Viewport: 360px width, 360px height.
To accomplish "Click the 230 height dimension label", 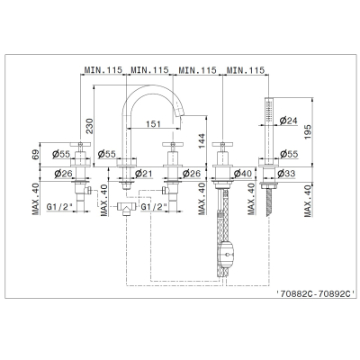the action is tap(90, 126).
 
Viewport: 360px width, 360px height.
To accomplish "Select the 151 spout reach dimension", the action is tap(153, 123).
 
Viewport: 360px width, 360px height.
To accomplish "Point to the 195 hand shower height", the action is tap(308, 131).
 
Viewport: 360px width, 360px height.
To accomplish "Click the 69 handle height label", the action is tap(36, 155).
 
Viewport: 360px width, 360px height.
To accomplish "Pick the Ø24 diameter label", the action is tap(288, 121).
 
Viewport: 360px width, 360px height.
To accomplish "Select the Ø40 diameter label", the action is tap(243, 173).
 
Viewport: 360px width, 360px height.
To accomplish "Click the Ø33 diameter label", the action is tap(286, 173).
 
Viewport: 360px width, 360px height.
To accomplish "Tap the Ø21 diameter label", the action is tap(143, 173).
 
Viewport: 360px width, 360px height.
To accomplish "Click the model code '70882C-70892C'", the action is tap(316, 293).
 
